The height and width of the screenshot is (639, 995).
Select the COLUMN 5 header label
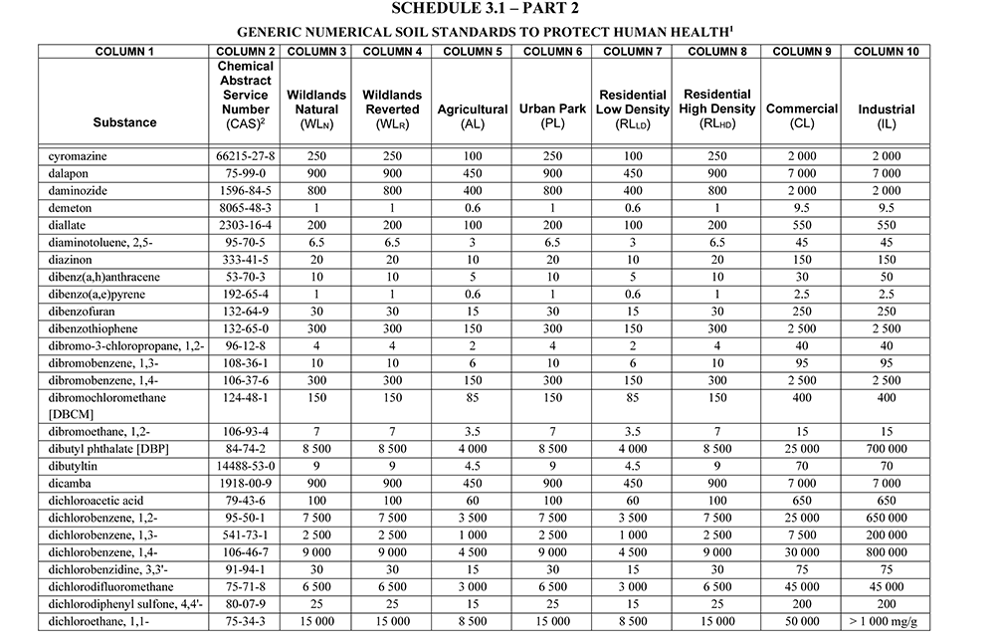[x=473, y=51]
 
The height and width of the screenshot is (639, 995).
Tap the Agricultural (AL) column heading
[x=473, y=115]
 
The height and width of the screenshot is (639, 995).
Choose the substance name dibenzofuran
[x=82, y=312]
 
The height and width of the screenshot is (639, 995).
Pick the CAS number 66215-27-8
[x=246, y=156]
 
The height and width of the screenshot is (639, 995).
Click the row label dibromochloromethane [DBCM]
[x=106, y=405]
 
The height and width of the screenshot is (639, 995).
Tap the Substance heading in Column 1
[x=124, y=122]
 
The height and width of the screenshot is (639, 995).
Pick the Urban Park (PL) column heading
[x=551, y=115]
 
